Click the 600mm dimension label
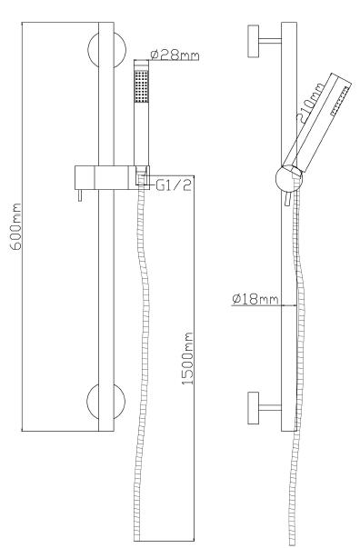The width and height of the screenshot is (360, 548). [15, 226]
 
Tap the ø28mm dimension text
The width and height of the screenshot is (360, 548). [175, 55]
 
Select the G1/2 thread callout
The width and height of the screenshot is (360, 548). [174, 184]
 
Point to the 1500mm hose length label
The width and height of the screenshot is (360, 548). [187, 358]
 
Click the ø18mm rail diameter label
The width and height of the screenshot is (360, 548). [255, 299]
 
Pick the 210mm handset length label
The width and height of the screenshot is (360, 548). [310, 103]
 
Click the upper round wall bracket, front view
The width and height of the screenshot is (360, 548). [106, 50]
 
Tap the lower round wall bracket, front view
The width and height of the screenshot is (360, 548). [105, 402]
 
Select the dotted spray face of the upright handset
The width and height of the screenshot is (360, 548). [142, 86]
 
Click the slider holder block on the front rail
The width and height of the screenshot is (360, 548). [112, 178]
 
